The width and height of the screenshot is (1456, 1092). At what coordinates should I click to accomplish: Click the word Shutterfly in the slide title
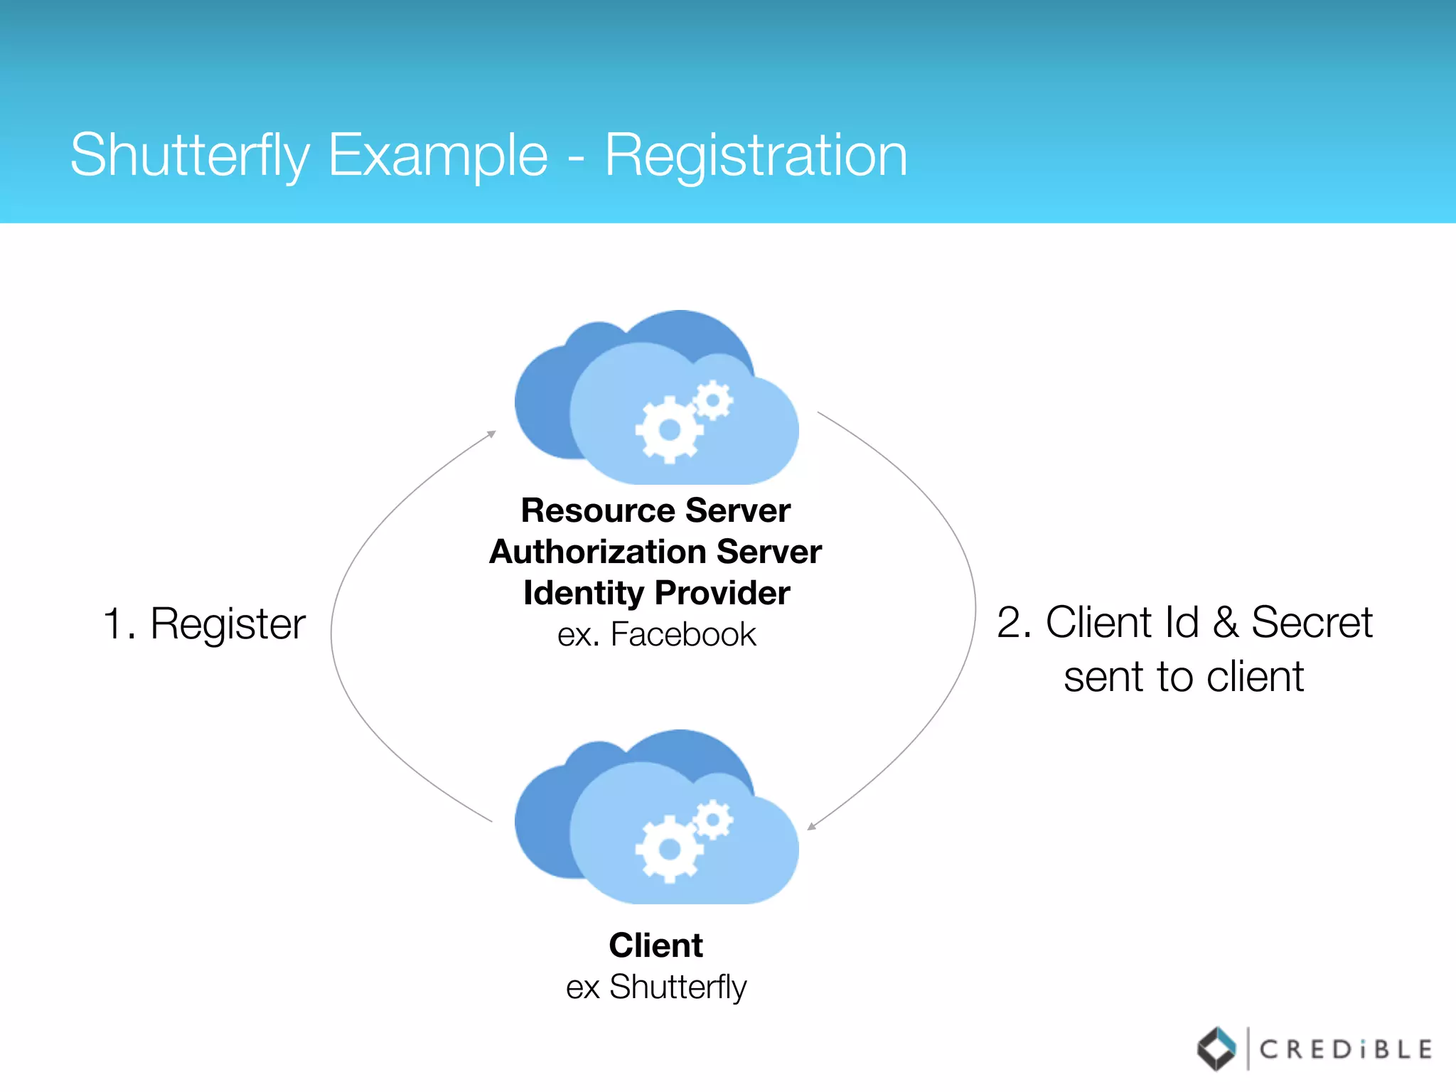(x=190, y=155)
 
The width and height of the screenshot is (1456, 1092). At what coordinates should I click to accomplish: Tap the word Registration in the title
(x=756, y=155)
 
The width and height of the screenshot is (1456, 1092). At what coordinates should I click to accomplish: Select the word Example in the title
(x=438, y=155)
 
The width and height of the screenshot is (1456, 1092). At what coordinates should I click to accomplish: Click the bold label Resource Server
(x=655, y=510)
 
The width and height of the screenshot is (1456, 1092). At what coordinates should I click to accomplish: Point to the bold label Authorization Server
(x=655, y=552)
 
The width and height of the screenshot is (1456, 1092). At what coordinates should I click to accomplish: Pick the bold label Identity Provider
(x=656, y=593)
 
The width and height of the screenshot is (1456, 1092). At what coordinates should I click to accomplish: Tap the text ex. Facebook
(x=656, y=634)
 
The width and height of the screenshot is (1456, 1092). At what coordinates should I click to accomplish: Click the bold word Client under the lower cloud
(x=655, y=946)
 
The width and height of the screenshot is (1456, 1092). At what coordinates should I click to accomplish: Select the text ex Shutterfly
(x=656, y=987)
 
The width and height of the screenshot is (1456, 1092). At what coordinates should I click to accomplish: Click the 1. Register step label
(x=204, y=624)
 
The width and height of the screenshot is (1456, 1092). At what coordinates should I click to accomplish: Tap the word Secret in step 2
(x=1311, y=623)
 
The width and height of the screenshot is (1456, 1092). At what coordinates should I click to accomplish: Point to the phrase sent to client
(x=1184, y=676)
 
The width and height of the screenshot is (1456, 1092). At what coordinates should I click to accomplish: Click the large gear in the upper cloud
(x=669, y=429)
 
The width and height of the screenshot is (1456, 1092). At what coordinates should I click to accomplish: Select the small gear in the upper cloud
(x=712, y=400)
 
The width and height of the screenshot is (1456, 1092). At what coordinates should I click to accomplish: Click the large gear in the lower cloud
(x=669, y=849)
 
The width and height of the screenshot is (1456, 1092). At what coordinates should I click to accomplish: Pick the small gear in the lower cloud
(x=712, y=820)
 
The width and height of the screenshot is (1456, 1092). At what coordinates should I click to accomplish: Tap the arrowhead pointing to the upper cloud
(x=491, y=433)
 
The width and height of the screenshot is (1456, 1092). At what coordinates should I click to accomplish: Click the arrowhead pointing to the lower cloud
(x=811, y=826)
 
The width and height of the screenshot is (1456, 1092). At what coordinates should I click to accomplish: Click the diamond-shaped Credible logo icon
(x=1216, y=1049)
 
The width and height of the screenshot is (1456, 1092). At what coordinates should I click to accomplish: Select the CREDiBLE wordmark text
(x=1345, y=1049)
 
